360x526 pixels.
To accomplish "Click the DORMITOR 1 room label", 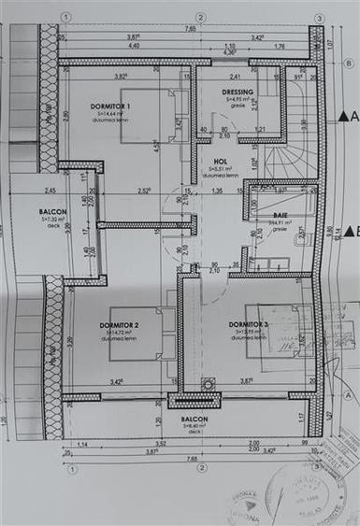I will (110, 107).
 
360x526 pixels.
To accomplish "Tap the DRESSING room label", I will (238, 92).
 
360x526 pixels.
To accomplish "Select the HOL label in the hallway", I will (221, 162).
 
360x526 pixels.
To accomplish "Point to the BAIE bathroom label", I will (281, 214).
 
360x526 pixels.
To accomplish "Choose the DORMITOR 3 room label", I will (248, 324).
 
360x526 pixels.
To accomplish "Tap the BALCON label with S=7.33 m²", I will (52, 212).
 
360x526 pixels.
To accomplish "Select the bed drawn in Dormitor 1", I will (150, 116).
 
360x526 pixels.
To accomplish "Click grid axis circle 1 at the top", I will (65, 17).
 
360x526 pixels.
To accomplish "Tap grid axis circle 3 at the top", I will (318, 17).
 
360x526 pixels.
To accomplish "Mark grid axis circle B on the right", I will (347, 64).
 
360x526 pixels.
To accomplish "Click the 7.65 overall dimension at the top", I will (190, 29).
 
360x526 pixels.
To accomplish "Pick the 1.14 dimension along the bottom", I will (81, 443).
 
